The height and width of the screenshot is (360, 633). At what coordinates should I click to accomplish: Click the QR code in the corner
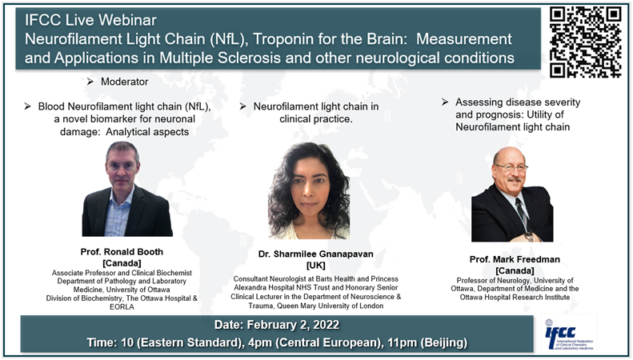[x=585, y=42]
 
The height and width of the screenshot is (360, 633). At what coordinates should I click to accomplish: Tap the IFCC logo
[x=568, y=334]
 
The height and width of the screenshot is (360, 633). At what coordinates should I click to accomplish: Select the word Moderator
[x=124, y=82]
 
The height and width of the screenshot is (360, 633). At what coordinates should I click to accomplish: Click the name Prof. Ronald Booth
[x=122, y=252]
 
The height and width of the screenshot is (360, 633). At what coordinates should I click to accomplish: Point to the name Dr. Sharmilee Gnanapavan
[x=315, y=254]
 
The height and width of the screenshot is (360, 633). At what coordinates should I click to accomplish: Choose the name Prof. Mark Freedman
[x=515, y=259]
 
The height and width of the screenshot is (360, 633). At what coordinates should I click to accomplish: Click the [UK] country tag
[x=315, y=265]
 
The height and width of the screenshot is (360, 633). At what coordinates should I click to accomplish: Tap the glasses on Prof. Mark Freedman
[x=511, y=167]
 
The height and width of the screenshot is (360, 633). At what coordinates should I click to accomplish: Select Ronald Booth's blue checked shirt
[x=118, y=214]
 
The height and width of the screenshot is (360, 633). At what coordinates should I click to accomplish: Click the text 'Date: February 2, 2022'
[x=277, y=325]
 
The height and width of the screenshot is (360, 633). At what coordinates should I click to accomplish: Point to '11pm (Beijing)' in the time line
[x=427, y=342]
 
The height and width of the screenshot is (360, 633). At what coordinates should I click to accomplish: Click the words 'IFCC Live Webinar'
[x=91, y=20]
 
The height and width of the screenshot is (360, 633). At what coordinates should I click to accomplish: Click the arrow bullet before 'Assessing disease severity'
[x=445, y=102]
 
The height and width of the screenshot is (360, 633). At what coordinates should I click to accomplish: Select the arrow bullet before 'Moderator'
[x=90, y=82]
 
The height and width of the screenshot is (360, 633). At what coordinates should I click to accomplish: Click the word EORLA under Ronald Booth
[x=122, y=306]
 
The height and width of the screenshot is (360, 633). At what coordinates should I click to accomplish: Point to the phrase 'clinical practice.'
[x=315, y=119]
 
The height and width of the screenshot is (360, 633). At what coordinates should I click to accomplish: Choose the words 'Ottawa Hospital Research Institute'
[x=515, y=298]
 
